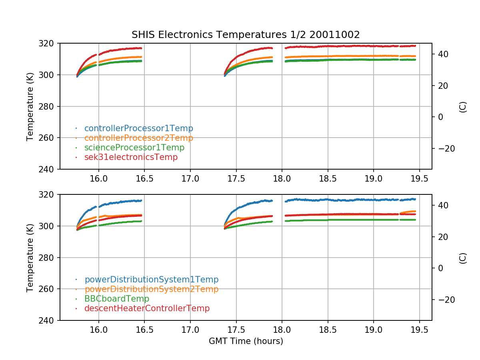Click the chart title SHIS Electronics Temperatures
coord(246,35)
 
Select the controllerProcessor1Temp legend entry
coord(138,128)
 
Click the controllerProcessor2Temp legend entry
coord(138,138)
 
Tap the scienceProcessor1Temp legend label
coord(134,148)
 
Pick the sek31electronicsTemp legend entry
coord(131,157)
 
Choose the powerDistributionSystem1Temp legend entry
coord(151,280)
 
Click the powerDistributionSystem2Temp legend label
coord(151,289)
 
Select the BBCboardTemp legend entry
coord(116,299)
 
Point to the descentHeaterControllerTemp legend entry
coord(147,308)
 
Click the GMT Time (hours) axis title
coord(246,341)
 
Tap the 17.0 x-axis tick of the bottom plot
coord(190,330)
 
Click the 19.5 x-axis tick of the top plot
coord(419,178)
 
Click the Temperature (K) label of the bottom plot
coord(30,258)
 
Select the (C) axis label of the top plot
coord(463,106)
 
